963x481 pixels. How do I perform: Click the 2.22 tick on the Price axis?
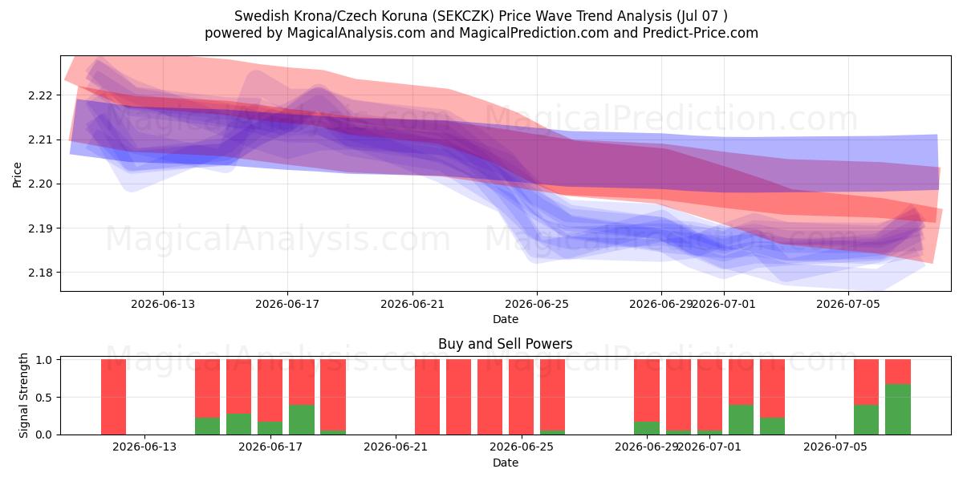pos(40,95)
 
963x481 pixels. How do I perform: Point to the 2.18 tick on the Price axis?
pos(40,273)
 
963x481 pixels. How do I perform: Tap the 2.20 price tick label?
pos(40,184)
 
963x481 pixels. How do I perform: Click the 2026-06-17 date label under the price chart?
pos(287,304)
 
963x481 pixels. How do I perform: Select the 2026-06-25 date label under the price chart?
pos(537,304)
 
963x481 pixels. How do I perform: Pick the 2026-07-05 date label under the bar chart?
pos(835,447)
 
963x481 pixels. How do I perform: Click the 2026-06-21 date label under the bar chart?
pos(396,447)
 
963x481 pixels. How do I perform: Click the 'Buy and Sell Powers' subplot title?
pos(505,344)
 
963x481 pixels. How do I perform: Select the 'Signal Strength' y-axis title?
pos(23,395)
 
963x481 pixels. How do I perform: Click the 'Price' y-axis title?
pos(17,175)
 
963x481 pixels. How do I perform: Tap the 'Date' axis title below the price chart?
pos(506,319)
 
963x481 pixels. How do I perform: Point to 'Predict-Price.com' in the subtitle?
pos(701,33)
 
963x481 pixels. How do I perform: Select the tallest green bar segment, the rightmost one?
pos(898,410)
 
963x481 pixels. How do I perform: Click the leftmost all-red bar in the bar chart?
pos(113,397)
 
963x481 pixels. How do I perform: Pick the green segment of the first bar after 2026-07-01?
pos(742,419)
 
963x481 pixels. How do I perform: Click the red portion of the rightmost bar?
pos(898,371)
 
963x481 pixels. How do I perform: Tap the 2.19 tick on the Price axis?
pos(40,228)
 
